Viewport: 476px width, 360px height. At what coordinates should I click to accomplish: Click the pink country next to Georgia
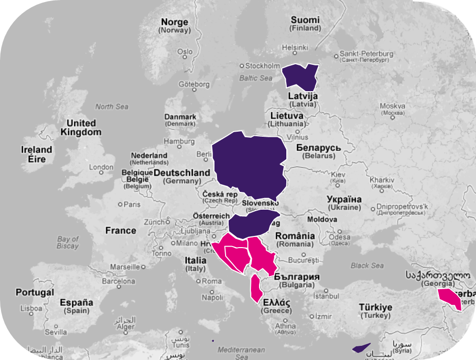pyautogui.click(x=450, y=299)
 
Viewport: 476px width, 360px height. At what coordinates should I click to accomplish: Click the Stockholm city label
pyautogui.click(x=263, y=66)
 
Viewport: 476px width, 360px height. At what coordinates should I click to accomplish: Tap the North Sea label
pyautogui.click(x=112, y=107)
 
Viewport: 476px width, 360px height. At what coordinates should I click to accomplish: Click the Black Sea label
pyautogui.click(x=367, y=265)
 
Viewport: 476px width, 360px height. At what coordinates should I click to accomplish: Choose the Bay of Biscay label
pyautogui.click(x=68, y=243)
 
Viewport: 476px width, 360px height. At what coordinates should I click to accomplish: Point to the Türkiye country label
pyautogui.click(x=375, y=307)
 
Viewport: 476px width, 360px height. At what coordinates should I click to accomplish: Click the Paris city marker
pyautogui.click(x=120, y=205)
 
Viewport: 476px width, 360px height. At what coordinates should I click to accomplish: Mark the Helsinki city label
pyautogui.click(x=295, y=48)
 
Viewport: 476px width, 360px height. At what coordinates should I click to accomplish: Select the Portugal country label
pyautogui.click(x=34, y=293)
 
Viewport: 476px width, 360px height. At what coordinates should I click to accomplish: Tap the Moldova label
pyautogui.click(x=322, y=220)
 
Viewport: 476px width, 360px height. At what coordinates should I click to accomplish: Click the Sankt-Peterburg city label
pyautogui.click(x=366, y=54)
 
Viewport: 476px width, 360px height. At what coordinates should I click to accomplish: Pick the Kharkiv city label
pyautogui.click(x=382, y=180)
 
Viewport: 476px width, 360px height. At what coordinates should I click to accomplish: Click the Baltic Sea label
pyautogui.click(x=255, y=78)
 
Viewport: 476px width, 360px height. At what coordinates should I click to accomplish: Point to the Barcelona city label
pyautogui.click(x=119, y=281)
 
